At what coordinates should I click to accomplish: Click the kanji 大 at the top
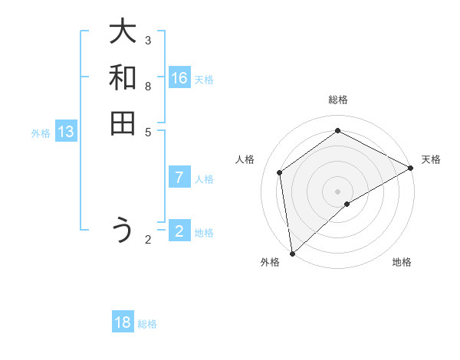[123, 32]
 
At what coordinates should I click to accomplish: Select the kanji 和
[123, 77]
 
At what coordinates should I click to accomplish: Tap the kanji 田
[123, 123]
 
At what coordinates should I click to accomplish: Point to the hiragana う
[123, 231]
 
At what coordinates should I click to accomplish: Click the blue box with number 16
[179, 78]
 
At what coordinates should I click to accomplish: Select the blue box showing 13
[66, 132]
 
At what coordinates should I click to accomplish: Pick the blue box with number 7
[179, 178]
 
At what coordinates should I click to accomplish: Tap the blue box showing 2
[179, 231]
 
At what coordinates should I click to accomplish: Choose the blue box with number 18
[123, 322]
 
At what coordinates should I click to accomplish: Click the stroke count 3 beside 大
[148, 40]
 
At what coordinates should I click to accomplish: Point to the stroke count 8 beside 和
[148, 86]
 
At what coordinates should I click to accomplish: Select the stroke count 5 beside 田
[148, 131]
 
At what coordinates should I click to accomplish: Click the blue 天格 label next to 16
[204, 80]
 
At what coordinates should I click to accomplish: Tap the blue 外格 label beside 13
[41, 133]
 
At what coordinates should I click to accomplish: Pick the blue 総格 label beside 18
[147, 324]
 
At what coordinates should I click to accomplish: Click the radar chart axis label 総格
[337, 100]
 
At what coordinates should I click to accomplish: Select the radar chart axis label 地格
[402, 263]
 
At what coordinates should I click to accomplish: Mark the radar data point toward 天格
[411, 168]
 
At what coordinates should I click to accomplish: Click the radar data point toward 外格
[292, 253]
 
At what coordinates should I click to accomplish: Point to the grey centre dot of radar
[337, 191]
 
